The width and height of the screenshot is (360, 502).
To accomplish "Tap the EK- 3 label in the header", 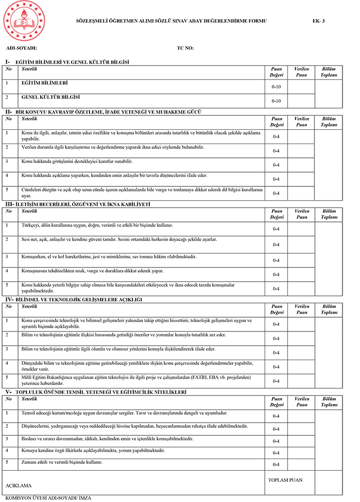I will click(x=319, y=21).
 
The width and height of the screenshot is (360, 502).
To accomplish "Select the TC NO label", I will click(x=185, y=48).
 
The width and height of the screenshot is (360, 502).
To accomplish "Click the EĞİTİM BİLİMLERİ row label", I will click(x=44, y=83).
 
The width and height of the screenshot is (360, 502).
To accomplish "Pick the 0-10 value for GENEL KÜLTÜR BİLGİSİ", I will click(x=276, y=101).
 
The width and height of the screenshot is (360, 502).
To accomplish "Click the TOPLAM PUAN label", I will click(x=285, y=480).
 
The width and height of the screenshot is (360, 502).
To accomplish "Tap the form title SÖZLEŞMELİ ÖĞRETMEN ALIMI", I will click(x=172, y=21).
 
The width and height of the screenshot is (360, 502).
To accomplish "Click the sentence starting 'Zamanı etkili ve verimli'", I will click(x=61, y=462).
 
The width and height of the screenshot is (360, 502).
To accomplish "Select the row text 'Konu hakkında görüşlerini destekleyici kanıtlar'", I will click(x=77, y=161).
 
